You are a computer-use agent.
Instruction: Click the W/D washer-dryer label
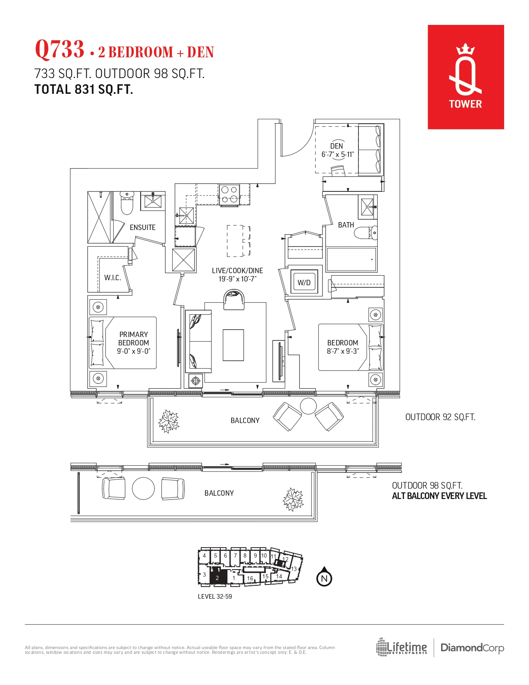coord(304,282)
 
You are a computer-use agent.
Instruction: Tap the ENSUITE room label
coord(142,227)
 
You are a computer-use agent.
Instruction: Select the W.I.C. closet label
coord(112,278)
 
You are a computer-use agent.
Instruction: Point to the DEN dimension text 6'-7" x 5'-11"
coord(337,154)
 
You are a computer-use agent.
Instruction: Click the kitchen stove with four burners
coord(229,194)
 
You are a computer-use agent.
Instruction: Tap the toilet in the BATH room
coord(366,232)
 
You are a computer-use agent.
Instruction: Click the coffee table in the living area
coord(233,345)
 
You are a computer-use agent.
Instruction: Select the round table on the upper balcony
coord(308,406)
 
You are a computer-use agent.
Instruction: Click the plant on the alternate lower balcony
coord(293,499)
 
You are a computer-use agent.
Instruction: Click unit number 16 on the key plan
coord(250,578)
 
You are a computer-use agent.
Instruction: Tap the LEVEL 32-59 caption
coord(215,597)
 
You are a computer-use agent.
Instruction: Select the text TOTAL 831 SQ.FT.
coord(83,90)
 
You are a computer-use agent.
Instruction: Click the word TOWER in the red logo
coord(466,104)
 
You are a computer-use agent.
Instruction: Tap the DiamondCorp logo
coord(472,648)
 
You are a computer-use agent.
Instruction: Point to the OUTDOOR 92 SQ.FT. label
coord(440,417)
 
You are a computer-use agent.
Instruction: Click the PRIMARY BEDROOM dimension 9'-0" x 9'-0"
coord(134,351)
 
